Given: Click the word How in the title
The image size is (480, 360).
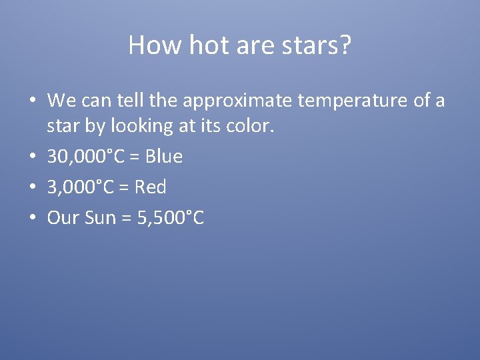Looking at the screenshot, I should click(147, 45).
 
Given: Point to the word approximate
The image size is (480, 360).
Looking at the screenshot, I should click(236, 101).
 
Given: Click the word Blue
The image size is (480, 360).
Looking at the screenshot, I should click(164, 157).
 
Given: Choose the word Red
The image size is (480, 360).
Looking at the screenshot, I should click(151, 187).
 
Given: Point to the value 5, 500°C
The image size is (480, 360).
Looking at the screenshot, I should click(170, 218).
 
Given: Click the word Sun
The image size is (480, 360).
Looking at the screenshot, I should click(101, 218).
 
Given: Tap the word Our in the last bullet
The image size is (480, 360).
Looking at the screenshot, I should click(63, 218).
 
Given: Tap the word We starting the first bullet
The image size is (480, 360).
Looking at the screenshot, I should click(61, 101).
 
